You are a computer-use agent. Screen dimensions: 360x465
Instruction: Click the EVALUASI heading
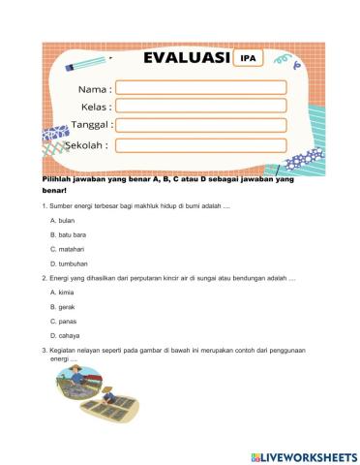(x=186, y=57)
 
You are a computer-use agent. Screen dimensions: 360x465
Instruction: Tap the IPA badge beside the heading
(x=249, y=57)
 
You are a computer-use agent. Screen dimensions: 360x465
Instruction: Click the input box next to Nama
(x=200, y=87)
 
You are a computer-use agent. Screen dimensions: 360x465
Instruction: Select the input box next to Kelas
(x=200, y=106)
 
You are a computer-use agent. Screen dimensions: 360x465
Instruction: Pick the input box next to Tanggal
(x=200, y=125)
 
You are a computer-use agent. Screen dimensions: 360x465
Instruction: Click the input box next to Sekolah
(x=200, y=145)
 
